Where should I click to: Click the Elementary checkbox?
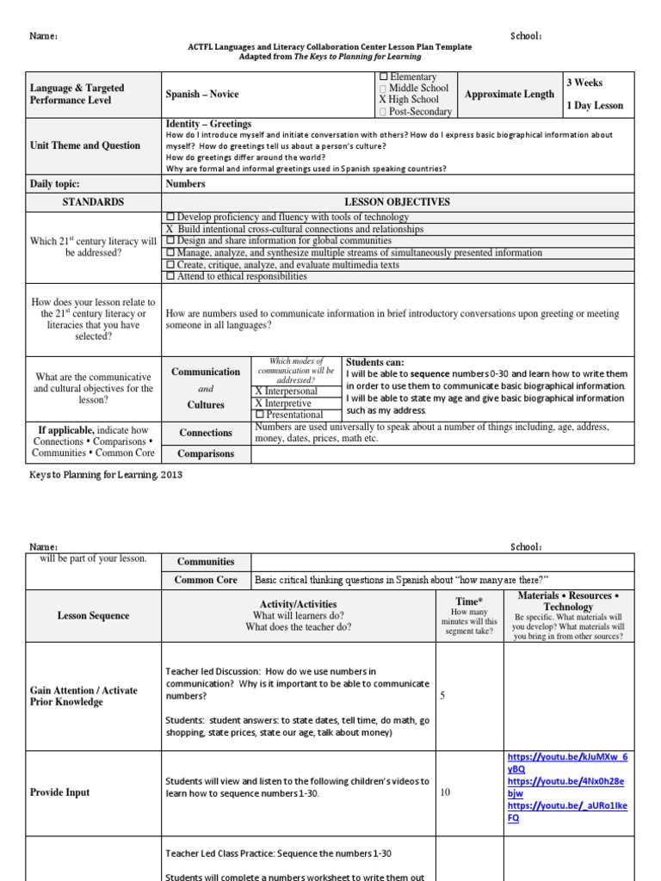tap(383, 77)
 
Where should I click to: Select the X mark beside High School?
tap(383, 100)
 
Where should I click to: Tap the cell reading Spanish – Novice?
tap(202, 94)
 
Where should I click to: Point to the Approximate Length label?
tap(510, 94)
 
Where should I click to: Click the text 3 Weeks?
tap(584, 83)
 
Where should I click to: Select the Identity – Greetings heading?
tap(208, 125)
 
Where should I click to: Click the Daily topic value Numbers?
tap(185, 183)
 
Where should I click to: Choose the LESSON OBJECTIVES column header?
tap(397, 201)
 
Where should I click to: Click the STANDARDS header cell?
tap(94, 201)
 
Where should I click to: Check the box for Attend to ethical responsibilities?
tap(170, 276)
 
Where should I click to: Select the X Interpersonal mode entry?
tap(286, 391)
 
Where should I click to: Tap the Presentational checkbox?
tap(259, 415)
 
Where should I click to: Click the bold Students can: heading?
tap(374, 362)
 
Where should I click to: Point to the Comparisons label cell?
tap(206, 453)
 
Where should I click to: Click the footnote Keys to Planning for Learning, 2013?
tap(107, 474)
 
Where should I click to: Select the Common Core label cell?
tap(206, 580)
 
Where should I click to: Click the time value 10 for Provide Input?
tap(445, 792)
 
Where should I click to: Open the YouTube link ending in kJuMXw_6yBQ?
tap(566, 763)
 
